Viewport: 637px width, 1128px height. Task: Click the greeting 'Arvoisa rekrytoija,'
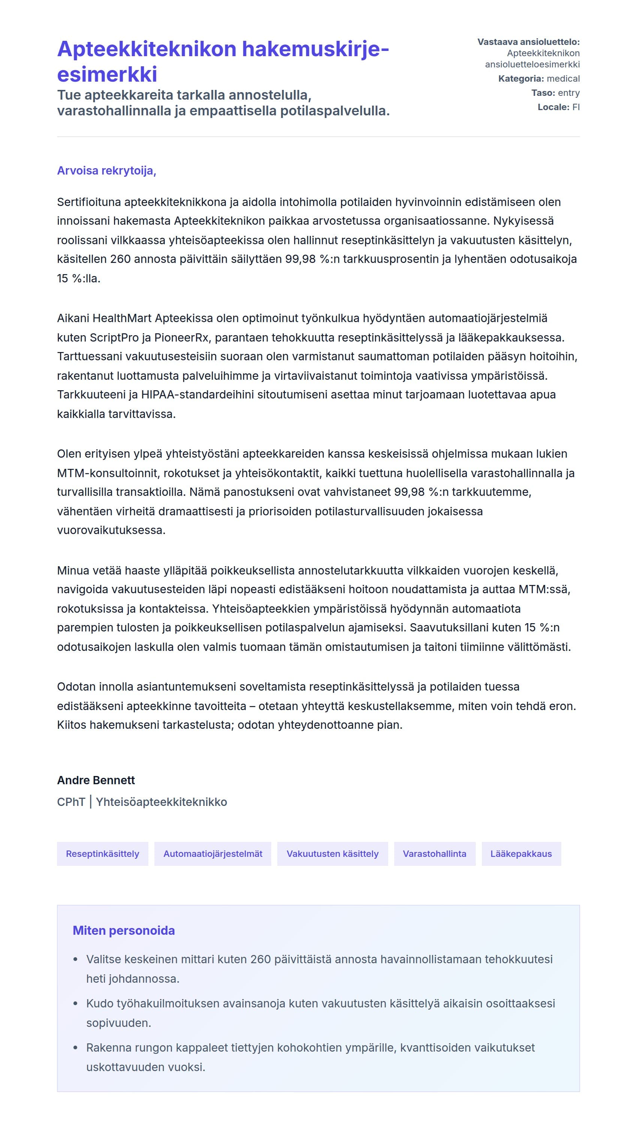(106, 170)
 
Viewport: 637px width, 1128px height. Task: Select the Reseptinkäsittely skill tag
(103, 853)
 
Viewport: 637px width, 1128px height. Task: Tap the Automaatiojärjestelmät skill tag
(212, 853)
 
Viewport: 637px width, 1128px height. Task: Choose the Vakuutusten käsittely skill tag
(332, 853)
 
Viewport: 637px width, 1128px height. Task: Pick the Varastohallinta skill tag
(434, 853)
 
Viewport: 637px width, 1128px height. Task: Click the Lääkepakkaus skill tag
(521, 853)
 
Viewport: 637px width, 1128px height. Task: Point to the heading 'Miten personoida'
(124, 931)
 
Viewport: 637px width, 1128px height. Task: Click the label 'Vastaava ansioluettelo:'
(528, 42)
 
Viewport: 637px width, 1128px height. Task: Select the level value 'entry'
(569, 93)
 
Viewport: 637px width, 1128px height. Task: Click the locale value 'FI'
(576, 107)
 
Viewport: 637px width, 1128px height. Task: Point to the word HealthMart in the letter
(122, 318)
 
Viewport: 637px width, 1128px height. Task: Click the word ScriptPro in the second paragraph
(112, 337)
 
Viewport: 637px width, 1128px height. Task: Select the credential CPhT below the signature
(71, 802)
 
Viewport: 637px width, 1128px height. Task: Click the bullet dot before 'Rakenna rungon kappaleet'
(76, 1048)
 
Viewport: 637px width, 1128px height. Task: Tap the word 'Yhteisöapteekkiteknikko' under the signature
(161, 802)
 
